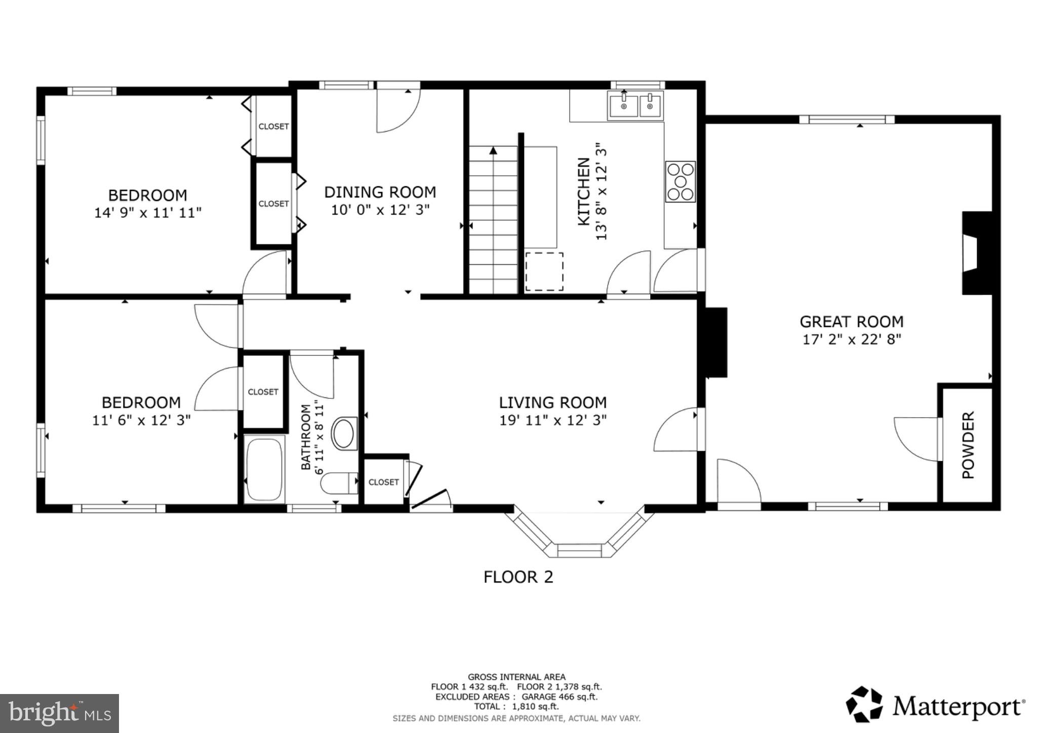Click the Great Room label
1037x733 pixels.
click(x=851, y=321)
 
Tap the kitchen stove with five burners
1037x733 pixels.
click(x=680, y=182)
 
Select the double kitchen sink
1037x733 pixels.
click(x=635, y=106)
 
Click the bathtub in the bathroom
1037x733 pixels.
click(x=263, y=470)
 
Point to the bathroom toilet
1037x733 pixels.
click(x=339, y=483)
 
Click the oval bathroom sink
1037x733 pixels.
click(x=344, y=434)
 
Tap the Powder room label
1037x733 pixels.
click(x=968, y=445)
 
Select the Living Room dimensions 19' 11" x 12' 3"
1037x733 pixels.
click(x=552, y=420)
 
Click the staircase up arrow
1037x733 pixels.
click(x=493, y=150)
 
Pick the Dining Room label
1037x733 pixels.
click(x=380, y=192)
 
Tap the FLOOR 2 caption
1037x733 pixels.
click(x=518, y=577)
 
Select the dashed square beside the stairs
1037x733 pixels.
click(x=544, y=272)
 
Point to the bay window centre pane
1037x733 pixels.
click(x=580, y=550)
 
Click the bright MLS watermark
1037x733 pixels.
click(x=59, y=714)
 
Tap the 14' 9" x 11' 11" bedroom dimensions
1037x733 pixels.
click(x=148, y=213)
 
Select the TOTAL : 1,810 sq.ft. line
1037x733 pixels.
click(x=516, y=706)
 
